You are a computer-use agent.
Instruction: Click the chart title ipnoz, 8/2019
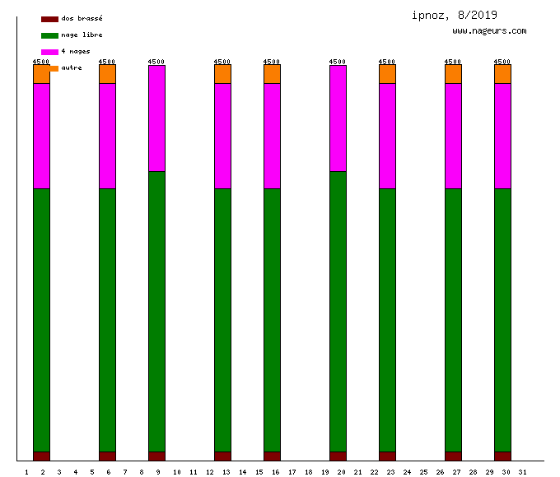pyautogui.click(x=455, y=15)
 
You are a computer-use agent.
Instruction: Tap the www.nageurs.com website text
pyautogui.click(x=489, y=30)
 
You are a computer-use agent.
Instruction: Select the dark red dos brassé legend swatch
pyautogui.click(x=49, y=18)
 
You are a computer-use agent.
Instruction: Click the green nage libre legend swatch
pyautogui.click(x=49, y=35)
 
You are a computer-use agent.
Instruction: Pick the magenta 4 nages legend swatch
pyautogui.click(x=49, y=52)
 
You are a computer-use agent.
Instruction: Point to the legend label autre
pyautogui.click(x=72, y=68)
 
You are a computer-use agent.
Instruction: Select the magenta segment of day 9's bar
pyautogui.click(x=156, y=118)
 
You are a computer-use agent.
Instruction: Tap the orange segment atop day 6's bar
pyautogui.click(x=107, y=74)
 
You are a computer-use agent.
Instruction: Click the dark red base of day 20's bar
pyautogui.click(x=338, y=456)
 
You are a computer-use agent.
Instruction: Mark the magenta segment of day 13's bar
pyautogui.click(x=222, y=136)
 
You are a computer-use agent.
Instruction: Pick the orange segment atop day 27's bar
pyautogui.click(x=453, y=74)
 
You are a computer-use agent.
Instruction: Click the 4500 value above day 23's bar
pyautogui.click(x=387, y=61)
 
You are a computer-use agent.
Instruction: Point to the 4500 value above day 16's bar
pyautogui.click(x=272, y=61)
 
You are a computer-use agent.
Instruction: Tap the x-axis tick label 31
pyautogui.click(x=522, y=471)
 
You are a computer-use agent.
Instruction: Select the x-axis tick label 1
pyautogui.click(x=26, y=471)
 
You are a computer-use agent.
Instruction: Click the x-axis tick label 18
pyautogui.click(x=308, y=471)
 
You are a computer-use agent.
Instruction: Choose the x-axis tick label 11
pyautogui.click(x=193, y=471)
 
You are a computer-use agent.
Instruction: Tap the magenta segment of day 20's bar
pyautogui.click(x=338, y=118)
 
